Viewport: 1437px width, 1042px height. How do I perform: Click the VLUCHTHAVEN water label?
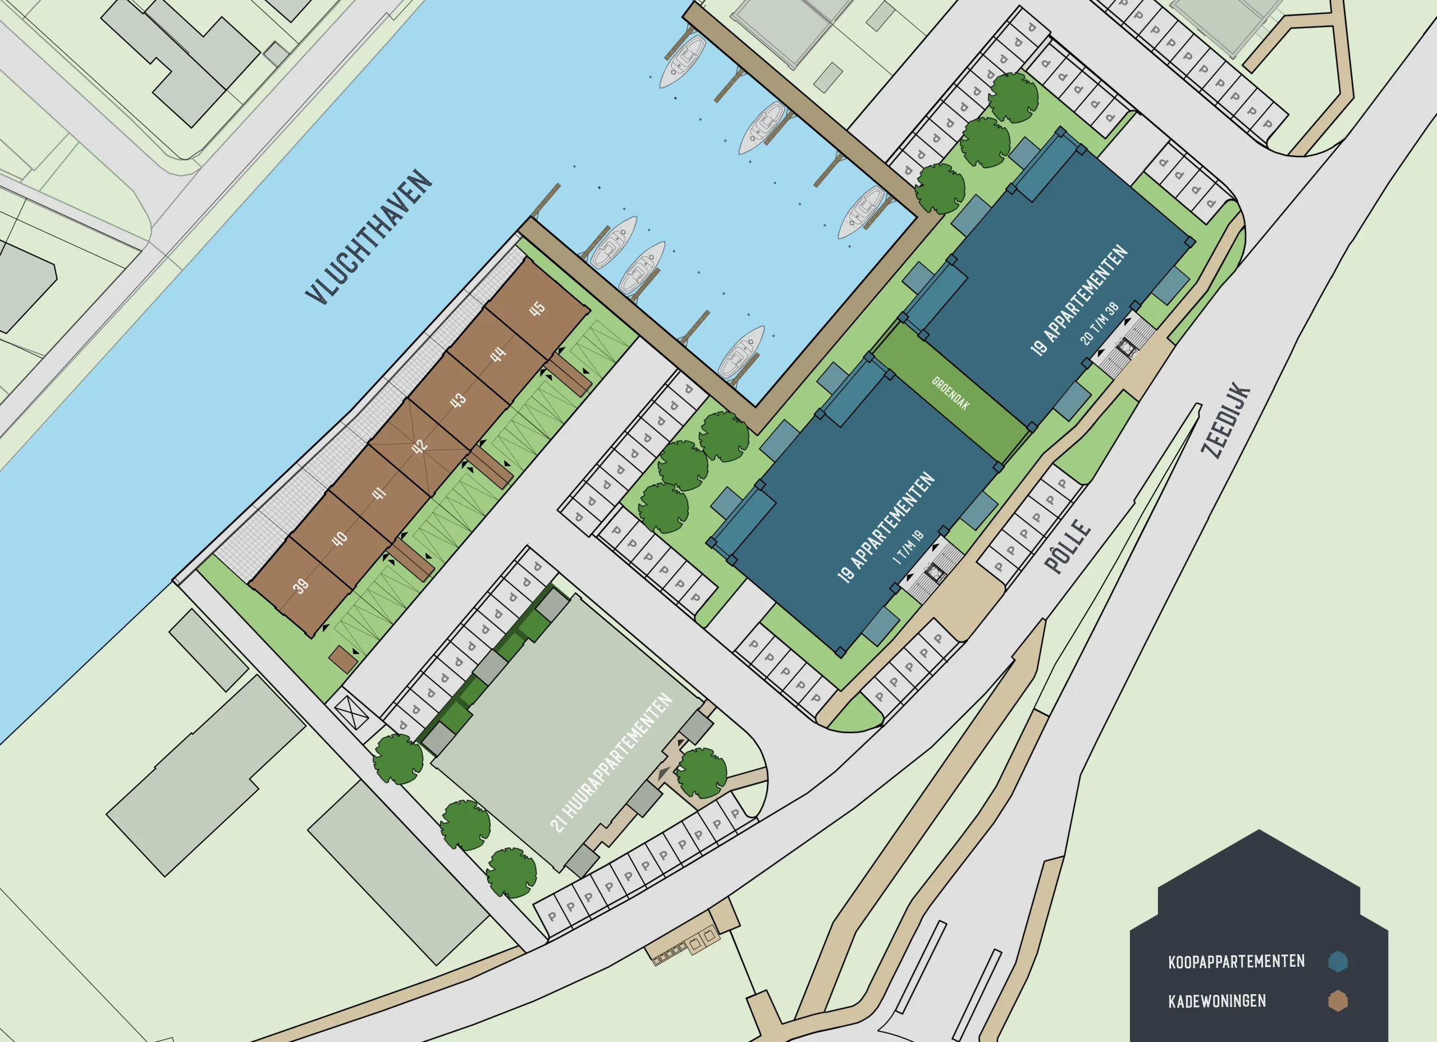click(369, 237)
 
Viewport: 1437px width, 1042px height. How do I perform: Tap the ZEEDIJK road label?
click(1227, 420)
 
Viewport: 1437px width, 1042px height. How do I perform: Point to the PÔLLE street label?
click(1069, 547)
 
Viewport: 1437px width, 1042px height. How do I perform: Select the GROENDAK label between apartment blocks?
click(950, 393)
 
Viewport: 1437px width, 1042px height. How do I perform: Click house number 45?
click(537, 309)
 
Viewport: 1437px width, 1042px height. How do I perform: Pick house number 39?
click(301, 586)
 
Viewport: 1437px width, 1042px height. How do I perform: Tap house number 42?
click(419, 446)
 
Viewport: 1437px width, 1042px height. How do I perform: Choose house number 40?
click(340, 539)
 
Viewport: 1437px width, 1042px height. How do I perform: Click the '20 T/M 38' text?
click(1099, 324)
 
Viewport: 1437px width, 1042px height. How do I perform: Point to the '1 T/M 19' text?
click(908, 547)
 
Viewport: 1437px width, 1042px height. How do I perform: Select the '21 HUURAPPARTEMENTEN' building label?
click(611, 762)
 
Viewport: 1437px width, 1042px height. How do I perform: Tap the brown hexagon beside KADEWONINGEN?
click(1338, 1002)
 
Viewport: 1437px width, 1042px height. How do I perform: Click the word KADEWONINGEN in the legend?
click(1217, 1002)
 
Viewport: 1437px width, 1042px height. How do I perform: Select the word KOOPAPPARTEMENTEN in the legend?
click(1236, 962)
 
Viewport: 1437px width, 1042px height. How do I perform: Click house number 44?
click(498, 354)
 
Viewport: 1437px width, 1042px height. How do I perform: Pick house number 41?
click(379, 492)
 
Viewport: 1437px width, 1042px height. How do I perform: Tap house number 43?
click(458, 400)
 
